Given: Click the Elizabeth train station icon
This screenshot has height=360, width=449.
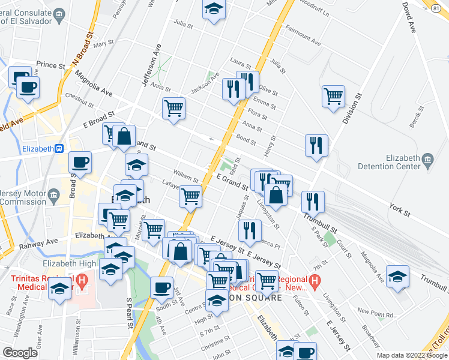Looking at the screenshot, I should pyautogui.click(x=59, y=149).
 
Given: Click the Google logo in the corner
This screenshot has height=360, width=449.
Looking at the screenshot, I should pyautogui.click(x=20, y=353).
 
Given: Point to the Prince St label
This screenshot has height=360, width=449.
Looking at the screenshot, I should pyautogui.click(x=50, y=65).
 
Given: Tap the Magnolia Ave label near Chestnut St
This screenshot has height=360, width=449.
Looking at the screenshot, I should pyautogui.click(x=93, y=84).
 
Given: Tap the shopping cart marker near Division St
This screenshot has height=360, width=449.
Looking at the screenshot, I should pyautogui.click(x=333, y=96).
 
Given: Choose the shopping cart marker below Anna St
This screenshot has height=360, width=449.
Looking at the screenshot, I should pyautogui.click(x=173, y=109).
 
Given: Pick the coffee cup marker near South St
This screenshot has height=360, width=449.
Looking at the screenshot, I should pyautogui.click(x=161, y=287).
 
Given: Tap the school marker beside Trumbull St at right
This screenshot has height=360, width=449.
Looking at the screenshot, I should pyautogui.click(x=397, y=277).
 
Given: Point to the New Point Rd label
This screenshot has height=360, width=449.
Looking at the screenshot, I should pyautogui.click(x=375, y=313).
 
